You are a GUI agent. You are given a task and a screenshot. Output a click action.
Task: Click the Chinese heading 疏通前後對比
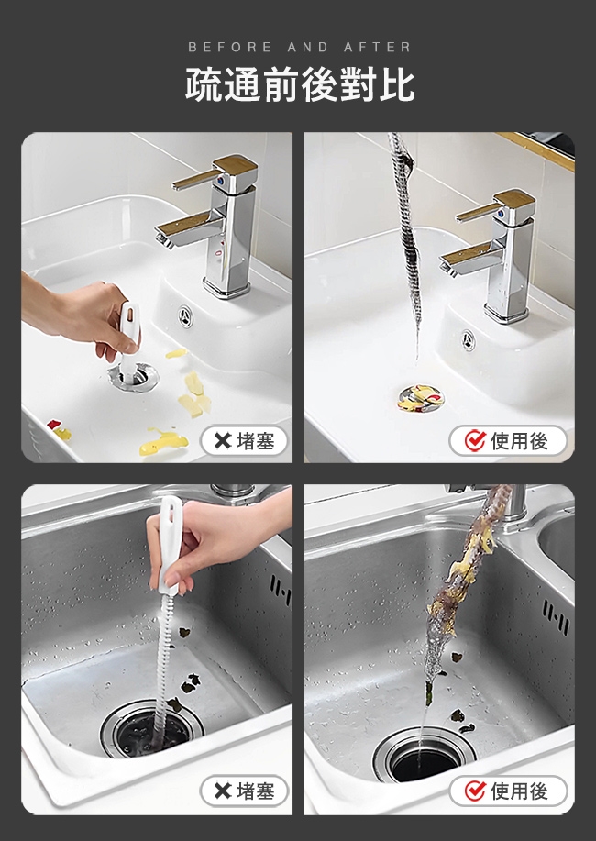point(300,84)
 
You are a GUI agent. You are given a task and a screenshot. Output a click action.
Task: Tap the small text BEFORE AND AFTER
point(299,47)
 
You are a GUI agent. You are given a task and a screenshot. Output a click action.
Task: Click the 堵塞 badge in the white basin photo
point(244,441)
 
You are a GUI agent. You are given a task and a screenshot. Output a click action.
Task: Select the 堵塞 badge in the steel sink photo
point(244,791)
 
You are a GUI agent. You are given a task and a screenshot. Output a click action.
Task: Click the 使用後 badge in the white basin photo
point(508,441)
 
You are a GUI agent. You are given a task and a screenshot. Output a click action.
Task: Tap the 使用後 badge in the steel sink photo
point(508,791)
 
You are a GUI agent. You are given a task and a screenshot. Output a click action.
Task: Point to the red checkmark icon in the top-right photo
point(475,441)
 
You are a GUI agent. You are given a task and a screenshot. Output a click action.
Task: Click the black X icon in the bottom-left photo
point(222,791)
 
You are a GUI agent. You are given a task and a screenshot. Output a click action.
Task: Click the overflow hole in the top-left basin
point(185,316)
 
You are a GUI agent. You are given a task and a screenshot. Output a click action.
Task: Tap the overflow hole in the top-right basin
point(469,340)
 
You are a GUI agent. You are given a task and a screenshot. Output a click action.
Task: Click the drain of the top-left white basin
point(133,375)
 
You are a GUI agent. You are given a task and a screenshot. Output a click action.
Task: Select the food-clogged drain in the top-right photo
point(421,398)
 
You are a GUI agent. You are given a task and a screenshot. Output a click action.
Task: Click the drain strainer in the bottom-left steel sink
point(152,729)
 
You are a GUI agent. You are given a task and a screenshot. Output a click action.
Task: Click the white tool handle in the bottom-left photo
point(170,545)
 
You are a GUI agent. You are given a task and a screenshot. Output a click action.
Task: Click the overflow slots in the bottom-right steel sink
point(556,617)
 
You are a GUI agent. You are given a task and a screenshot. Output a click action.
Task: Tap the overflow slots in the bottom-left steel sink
point(281,591)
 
